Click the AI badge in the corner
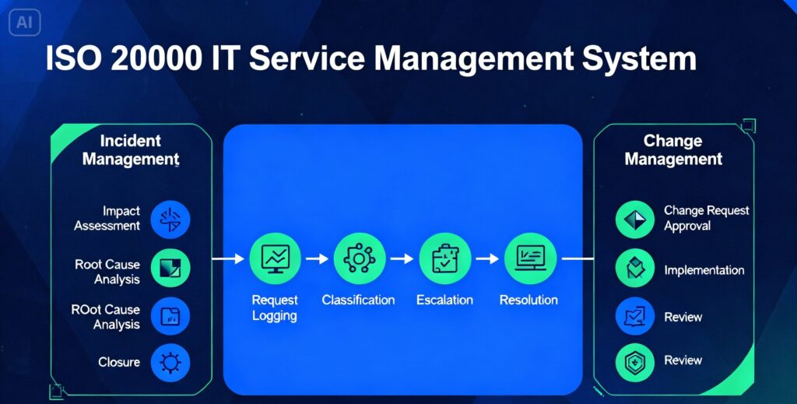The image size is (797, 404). pyautogui.click(x=24, y=22)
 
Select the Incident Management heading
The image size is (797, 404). pyautogui.click(x=130, y=150)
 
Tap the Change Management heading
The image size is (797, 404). pyautogui.click(x=673, y=150)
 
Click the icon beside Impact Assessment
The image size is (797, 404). pyautogui.click(x=170, y=219)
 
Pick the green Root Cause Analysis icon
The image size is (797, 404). pyautogui.click(x=170, y=269)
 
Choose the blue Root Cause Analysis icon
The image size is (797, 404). pyautogui.click(x=170, y=316)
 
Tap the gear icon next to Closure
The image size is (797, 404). pyautogui.click(x=170, y=362)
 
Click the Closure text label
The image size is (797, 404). pyautogui.click(x=119, y=362)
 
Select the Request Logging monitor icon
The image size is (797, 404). pyautogui.click(x=275, y=258)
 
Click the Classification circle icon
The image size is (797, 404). pyautogui.click(x=359, y=258)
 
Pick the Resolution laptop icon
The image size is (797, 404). pyautogui.click(x=529, y=258)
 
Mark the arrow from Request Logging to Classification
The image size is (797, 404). pyautogui.click(x=317, y=258)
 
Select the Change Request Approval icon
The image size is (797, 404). pyautogui.click(x=635, y=219)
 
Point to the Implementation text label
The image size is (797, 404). pyautogui.click(x=704, y=270)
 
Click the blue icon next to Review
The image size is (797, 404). pyautogui.click(x=635, y=316)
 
